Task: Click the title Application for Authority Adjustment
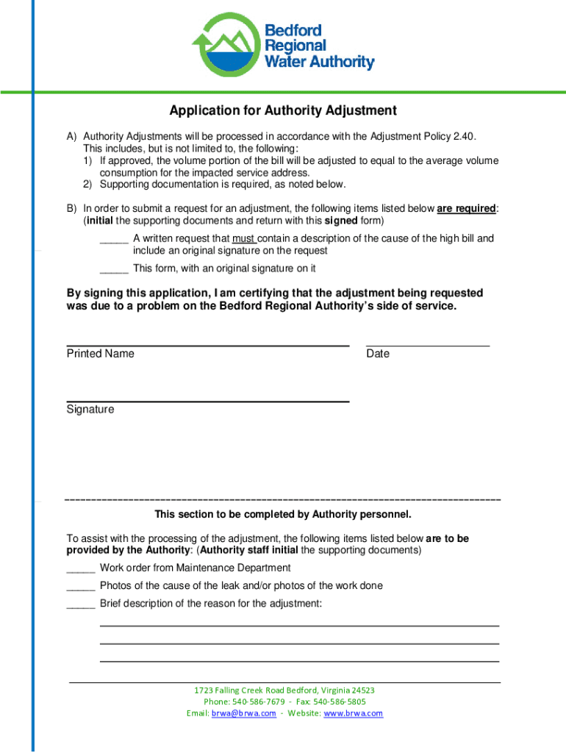(283, 111)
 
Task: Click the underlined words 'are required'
(466, 209)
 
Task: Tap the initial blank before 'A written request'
(114, 239)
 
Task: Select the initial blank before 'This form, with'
(114, 268)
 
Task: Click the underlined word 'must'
(244, 238)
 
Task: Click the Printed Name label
(101, 354)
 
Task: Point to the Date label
(378, 354)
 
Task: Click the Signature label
(90, 410)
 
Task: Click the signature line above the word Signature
(207, 402)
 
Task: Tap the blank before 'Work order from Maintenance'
(80, 568)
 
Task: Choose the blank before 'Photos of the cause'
(80, 586)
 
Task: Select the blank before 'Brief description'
(80, 604)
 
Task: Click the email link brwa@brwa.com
(243, 713)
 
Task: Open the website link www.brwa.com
(353, 713)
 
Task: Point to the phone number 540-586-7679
(258, 702)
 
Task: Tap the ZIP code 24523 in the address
(362, 690)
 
